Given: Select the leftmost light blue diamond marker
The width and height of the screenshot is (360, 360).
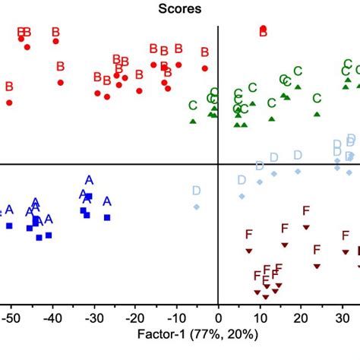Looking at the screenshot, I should [x=197, y=207].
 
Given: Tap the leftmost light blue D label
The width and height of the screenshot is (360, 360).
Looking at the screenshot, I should [x=197, y=191].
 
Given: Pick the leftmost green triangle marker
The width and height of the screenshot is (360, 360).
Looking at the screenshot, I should [x=193, y=121].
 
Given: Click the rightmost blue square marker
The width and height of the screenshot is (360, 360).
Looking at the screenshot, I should [x=107, y=217].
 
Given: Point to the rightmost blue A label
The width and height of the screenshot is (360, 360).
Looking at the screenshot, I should [x=107, y=201].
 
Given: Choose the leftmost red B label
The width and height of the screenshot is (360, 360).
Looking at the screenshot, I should [x=9, y=87].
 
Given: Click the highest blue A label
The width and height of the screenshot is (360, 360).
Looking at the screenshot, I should [x=89, y=180].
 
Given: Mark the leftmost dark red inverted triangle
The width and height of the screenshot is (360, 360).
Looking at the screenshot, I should [x=248, y=251].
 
